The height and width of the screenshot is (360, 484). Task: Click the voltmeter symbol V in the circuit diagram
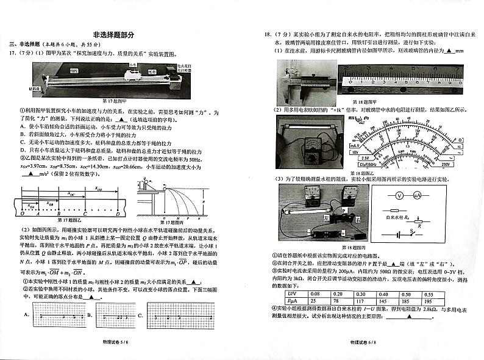click(x=399, y=196)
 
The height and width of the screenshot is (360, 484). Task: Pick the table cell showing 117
click(x=360, y=301)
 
